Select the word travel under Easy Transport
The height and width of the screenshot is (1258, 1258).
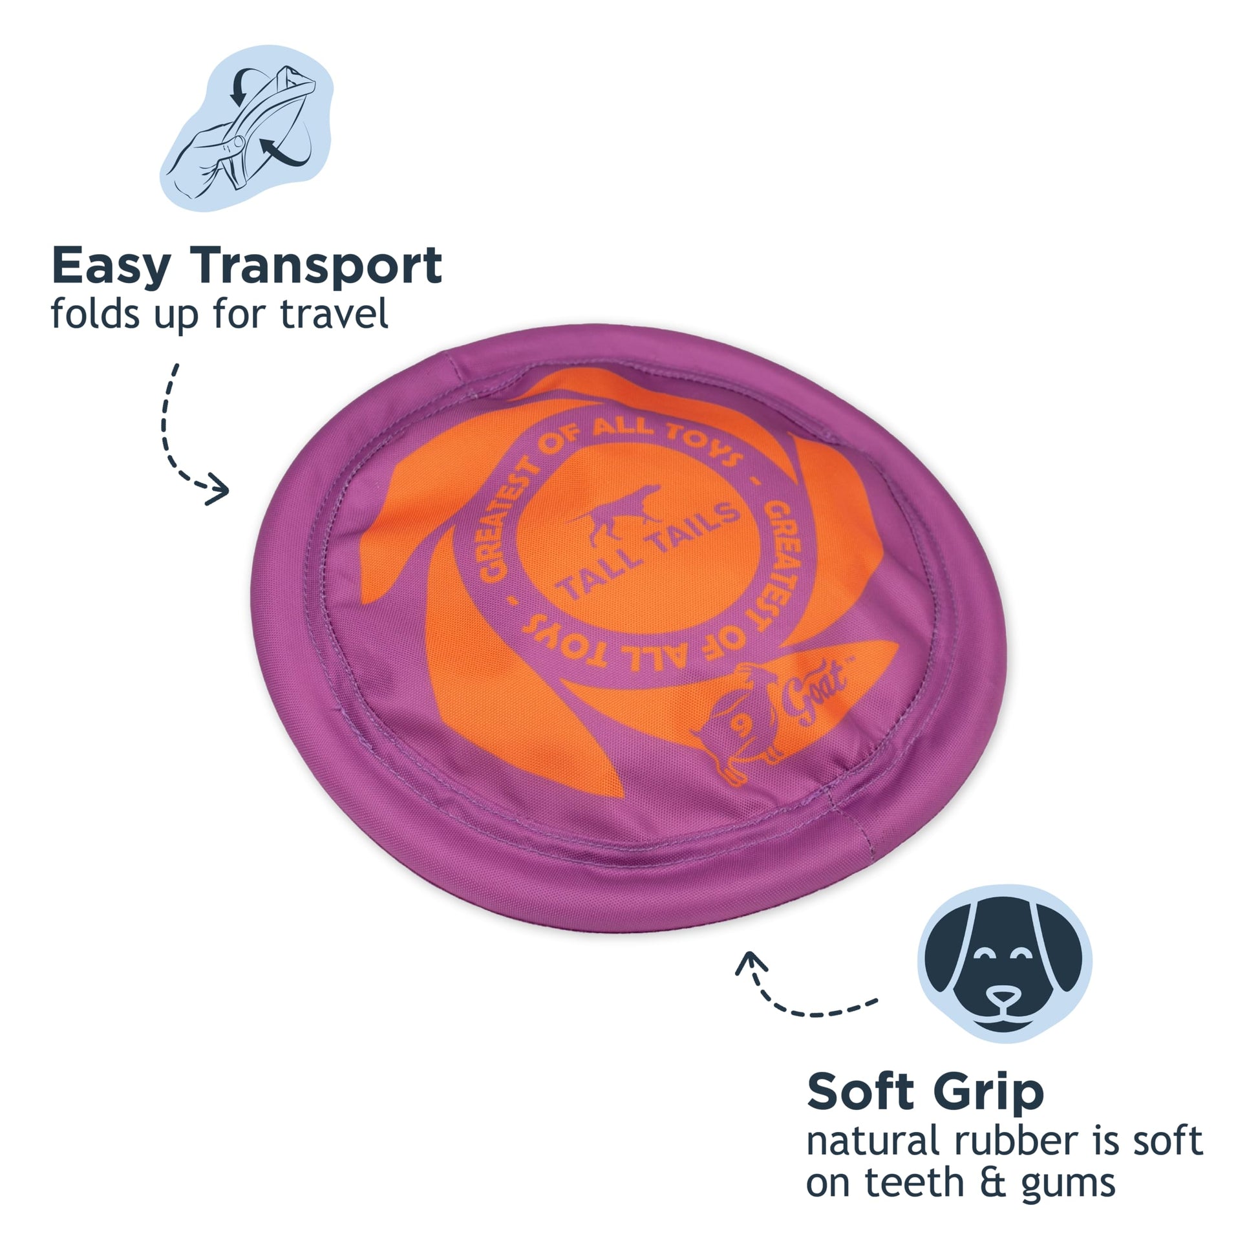point(335,314)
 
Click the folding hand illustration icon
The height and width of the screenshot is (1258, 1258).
point(248,127)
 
